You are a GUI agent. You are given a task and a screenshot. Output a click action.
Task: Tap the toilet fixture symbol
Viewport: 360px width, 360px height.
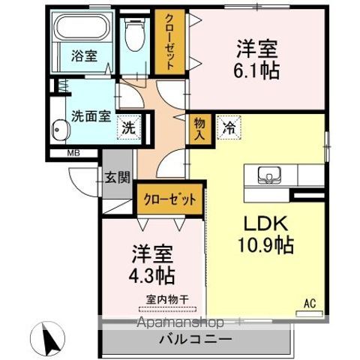pos(135,34)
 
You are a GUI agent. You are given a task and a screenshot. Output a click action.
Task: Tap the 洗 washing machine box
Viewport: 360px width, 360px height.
pos(130,127)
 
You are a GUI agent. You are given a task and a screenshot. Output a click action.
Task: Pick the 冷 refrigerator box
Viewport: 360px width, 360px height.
pos(227,127)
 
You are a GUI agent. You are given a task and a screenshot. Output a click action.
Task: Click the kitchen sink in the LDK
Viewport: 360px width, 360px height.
pos(267,175)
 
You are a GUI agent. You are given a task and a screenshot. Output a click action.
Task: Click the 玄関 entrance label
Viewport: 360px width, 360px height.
pos(118,178)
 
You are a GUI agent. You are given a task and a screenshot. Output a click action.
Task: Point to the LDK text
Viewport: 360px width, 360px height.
pos(262,223)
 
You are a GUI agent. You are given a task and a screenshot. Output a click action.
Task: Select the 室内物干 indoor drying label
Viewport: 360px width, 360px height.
pos(166,299)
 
